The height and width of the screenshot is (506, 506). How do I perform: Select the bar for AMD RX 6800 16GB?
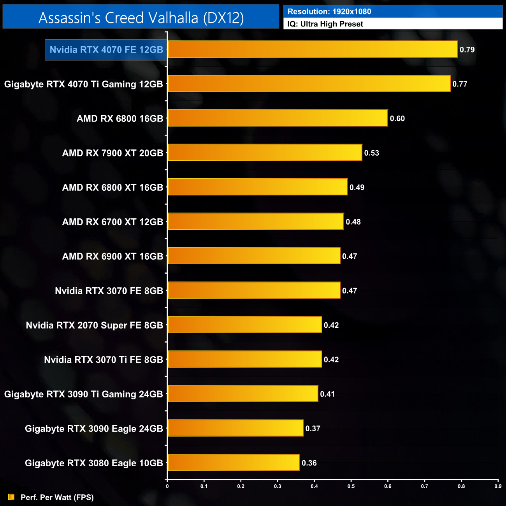pos(278,118)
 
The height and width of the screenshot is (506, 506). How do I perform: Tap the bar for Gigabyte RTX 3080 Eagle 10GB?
pos(234,463)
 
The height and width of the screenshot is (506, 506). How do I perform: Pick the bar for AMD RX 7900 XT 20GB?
pos(265,153)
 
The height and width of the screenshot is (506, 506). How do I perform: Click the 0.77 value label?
pos(460,84)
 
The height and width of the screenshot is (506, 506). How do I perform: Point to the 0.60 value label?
pos(397,119)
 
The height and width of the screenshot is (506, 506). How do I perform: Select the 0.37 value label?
pos(313,429)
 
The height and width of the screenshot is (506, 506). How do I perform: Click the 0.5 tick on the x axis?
pos(351,486)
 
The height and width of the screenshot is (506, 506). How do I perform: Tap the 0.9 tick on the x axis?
pos(498,486)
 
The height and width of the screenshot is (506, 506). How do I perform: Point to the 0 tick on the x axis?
pos(167,486)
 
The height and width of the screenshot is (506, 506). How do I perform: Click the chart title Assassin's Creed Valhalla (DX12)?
pos(141,18)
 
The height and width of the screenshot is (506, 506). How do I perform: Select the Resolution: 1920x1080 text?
pos(329,12)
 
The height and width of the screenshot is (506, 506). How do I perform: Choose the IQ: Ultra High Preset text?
pos(325,24)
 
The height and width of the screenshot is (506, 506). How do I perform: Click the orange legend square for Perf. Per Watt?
pos(11,497)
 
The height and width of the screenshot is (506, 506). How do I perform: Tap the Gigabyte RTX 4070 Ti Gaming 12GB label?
pos(83,84)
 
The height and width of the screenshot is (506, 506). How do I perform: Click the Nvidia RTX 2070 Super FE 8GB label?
pos(94,325)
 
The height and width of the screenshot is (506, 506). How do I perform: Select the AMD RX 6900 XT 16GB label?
pos(112,256)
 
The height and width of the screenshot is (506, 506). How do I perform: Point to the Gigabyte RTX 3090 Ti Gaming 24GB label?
pos(83,394)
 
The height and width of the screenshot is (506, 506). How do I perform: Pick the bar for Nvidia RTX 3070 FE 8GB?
pos(254,290)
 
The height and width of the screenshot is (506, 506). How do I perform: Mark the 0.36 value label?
pos(309,463)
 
